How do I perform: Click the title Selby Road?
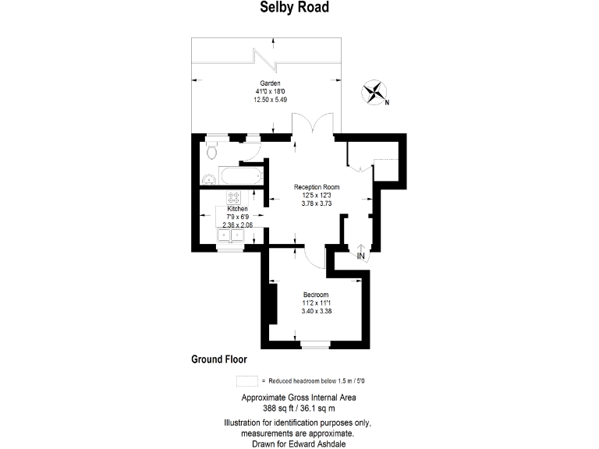[x=299, y=8]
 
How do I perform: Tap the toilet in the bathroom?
[x=212, y=151]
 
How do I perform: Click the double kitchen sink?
[x=231, y=235]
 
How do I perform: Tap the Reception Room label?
[x=317, y=187]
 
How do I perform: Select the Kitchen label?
[x=237, y=210]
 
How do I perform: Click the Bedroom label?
[x=316, y=295]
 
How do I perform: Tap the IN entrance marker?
[x=361, y=254]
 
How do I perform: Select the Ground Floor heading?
[x=219, y=359]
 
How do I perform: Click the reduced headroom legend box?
[x=247, y=381]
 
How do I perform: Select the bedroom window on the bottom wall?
[x=314, y=343]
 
